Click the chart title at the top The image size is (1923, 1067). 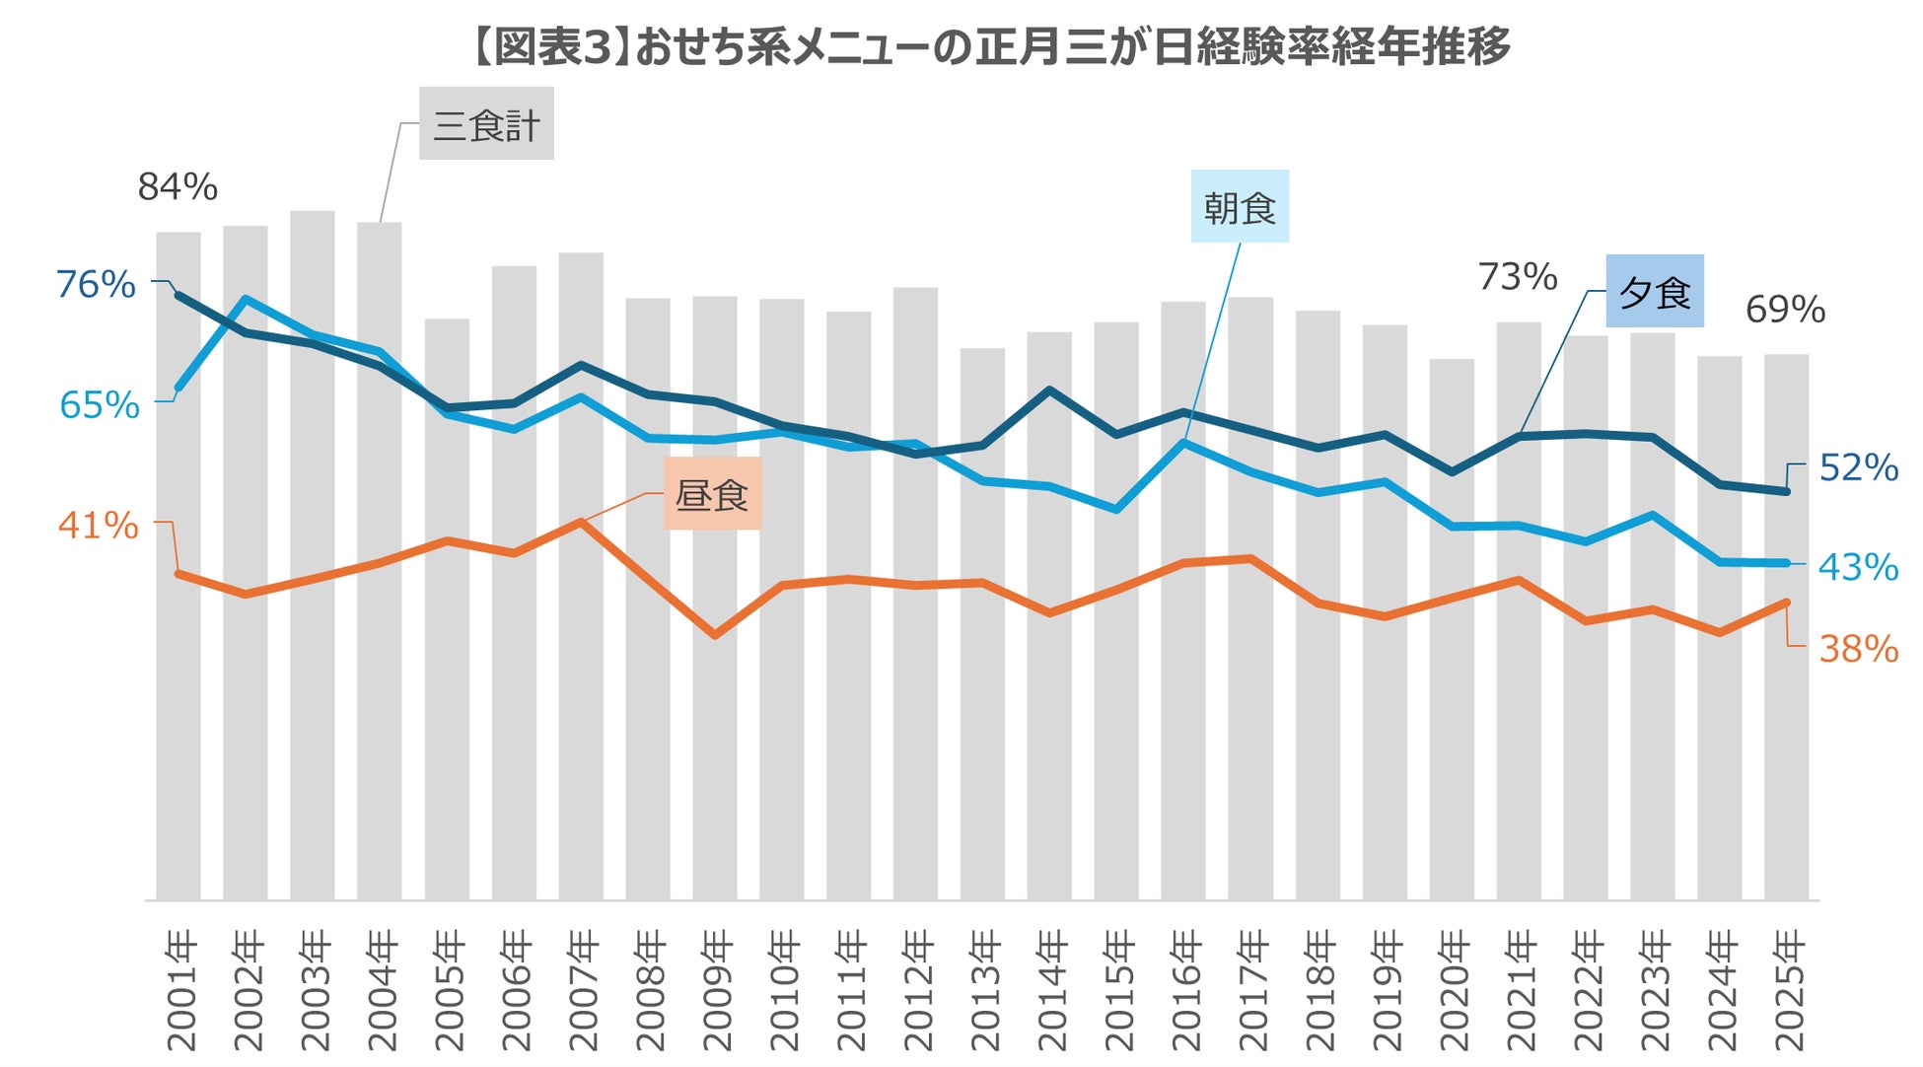point(990,46)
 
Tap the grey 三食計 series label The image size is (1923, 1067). point(486,124)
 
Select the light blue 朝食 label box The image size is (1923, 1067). point(1239,207)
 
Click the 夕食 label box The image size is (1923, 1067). point(1655,292)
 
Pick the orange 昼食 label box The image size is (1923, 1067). point(712,494)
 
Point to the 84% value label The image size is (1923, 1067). point(178,186)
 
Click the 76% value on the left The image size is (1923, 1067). point(96,284)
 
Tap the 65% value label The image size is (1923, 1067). point(99,404)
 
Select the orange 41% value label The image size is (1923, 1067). point(98,525)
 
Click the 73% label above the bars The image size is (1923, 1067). point(1517,277)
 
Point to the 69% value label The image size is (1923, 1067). point(1785,310)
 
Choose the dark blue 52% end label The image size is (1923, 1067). point(1858,467)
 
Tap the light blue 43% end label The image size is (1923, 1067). point(1858,567)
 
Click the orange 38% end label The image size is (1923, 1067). point(1858,649)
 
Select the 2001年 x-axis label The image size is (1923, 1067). point(180,990)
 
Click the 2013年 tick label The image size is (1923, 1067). point(984,990)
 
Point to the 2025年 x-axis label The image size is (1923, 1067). point(1787,990)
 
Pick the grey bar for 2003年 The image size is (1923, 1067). point(313,552)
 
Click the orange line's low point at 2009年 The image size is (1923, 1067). point(715,635)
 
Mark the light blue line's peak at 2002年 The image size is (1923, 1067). point(245,299)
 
